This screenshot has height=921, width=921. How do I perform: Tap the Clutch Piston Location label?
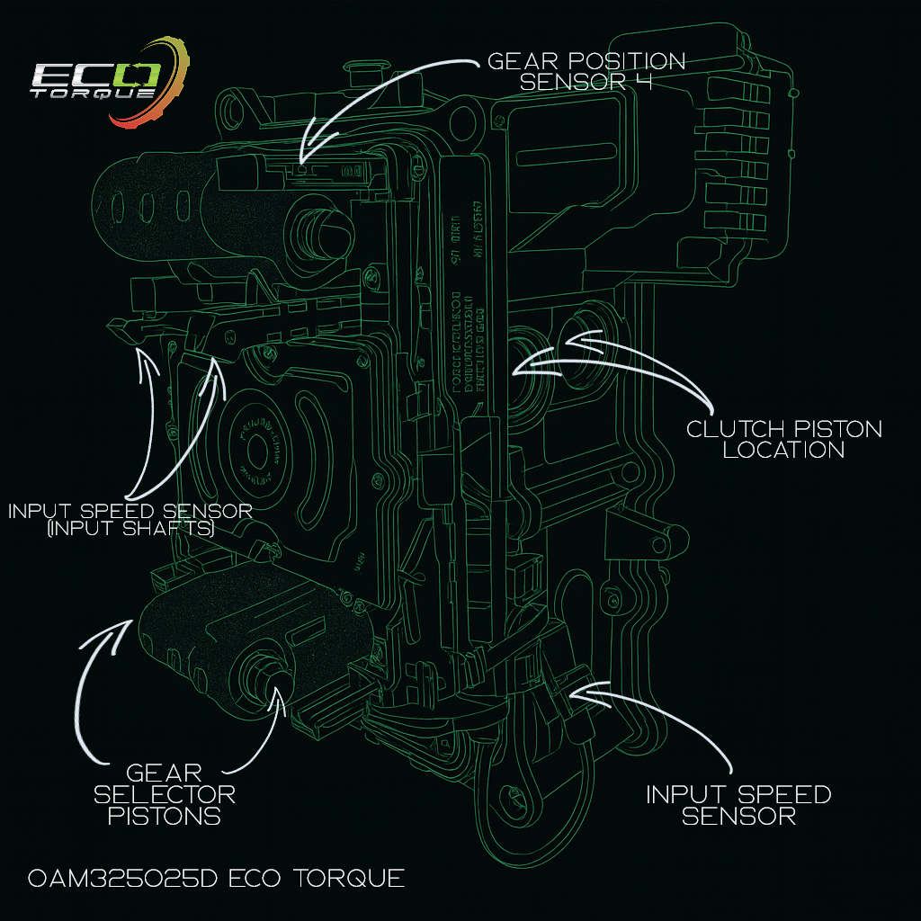783,439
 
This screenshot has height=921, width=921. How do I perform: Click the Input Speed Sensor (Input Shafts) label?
130,520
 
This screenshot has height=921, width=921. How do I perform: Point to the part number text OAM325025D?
118,878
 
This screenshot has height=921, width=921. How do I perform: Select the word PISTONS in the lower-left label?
165,817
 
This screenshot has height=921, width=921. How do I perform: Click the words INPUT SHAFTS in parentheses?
130,531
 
